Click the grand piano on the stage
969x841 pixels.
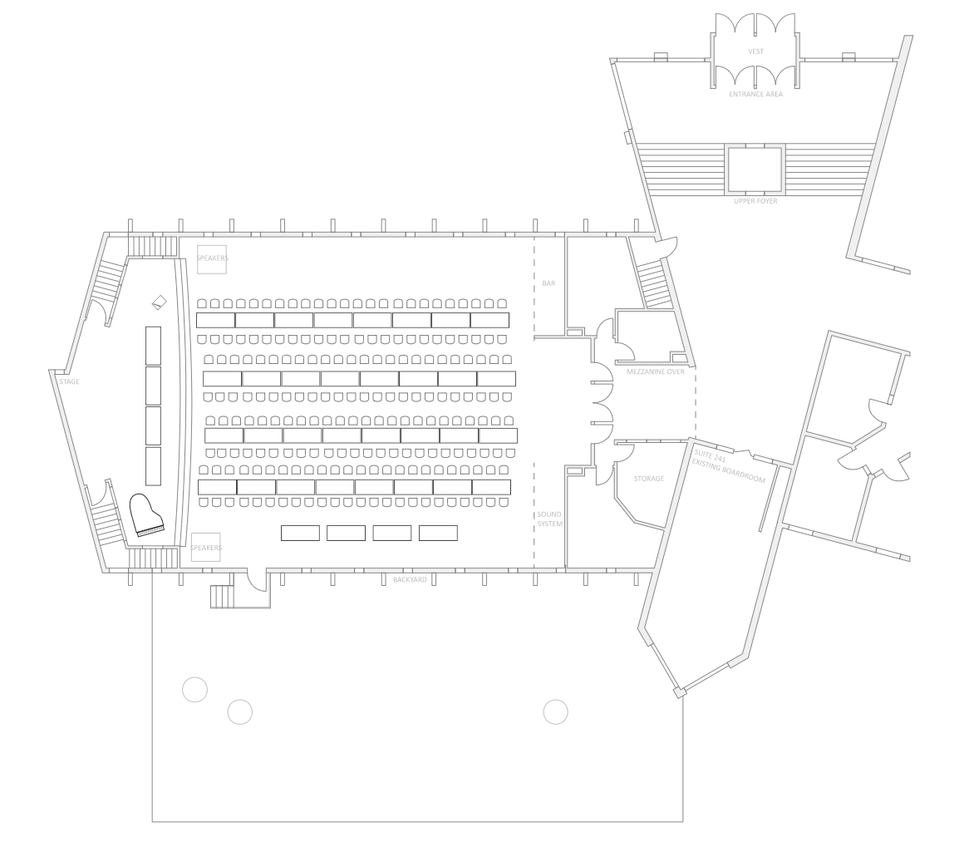(x=145, y=514)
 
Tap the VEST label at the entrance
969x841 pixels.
(x=755, y=52)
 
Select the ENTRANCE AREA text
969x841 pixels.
(x=755, y=95)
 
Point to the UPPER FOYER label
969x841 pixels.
(x=755, y=201)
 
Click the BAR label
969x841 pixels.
(x=548, y=283)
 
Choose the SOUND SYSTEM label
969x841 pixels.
(x=549, y=519)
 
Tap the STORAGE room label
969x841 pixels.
(x=649, y=479)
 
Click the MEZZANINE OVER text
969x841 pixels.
(x=656, y=371)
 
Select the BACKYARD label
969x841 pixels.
(x=410, y=579)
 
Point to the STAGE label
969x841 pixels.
(x=69, y=381)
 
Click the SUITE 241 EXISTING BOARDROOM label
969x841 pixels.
(x=729, y=466)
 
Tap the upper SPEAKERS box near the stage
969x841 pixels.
(x=212, y=259)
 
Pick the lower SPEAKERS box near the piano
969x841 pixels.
(x=205, y=548)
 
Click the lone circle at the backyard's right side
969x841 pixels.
(x=555, y=711)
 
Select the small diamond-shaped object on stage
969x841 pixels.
(x=159, y=302)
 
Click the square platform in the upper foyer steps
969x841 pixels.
(x=755, y=170)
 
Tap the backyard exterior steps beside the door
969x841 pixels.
(x=222, y=596)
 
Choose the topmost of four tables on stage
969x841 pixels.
(x=153, y=345)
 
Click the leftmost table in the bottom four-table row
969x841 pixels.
(x=300, y=533)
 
